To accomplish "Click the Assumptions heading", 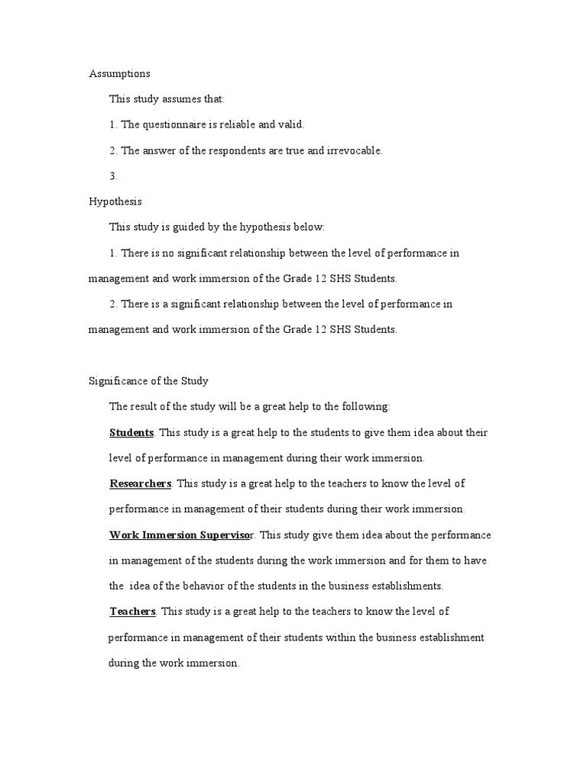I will tap(119, 74).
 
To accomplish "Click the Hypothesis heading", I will tap(115, 202).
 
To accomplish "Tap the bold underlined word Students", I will tap(131, 432).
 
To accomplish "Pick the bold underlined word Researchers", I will tap(140, 483).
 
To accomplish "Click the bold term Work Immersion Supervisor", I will tap(184, 535).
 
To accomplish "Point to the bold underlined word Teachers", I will tap(133, 611).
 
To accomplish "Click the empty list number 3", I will tap(113, 176).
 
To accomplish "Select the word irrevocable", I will tap(355, 150).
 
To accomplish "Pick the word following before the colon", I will tap(366, 406).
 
